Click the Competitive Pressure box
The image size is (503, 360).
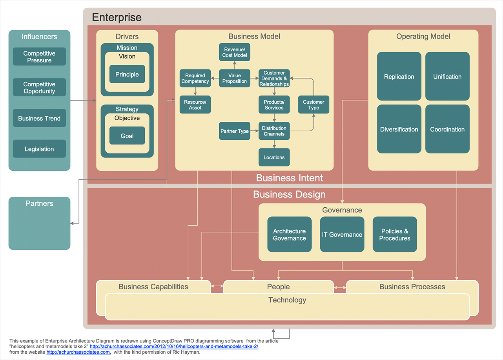pos(39,57)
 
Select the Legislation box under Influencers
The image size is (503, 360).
pos(39,149)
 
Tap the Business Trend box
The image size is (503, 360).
pos(39,118)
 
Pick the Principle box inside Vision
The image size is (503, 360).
pos(127,74)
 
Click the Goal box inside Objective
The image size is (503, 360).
pos(127,136)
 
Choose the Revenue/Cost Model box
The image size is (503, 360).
pos(235,52)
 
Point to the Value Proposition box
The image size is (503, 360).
pos(235,78)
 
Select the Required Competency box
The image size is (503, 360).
pos(195,78)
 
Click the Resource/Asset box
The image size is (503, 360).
pos(195,105)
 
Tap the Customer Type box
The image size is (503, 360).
pos(313,105)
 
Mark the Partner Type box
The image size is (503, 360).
pos(235,131)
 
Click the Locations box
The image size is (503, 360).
pos(274,157)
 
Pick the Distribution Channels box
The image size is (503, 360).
pos(274,131)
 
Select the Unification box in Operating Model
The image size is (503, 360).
pos(447,77)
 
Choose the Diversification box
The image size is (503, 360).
pos(399,129)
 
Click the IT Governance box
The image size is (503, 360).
pos(342,234)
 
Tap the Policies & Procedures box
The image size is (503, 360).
pos(395,234)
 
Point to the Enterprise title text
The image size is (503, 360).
pos(117,18)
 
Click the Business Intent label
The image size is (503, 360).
pos(290,178)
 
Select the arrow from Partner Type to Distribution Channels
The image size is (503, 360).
pos(254,131)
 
